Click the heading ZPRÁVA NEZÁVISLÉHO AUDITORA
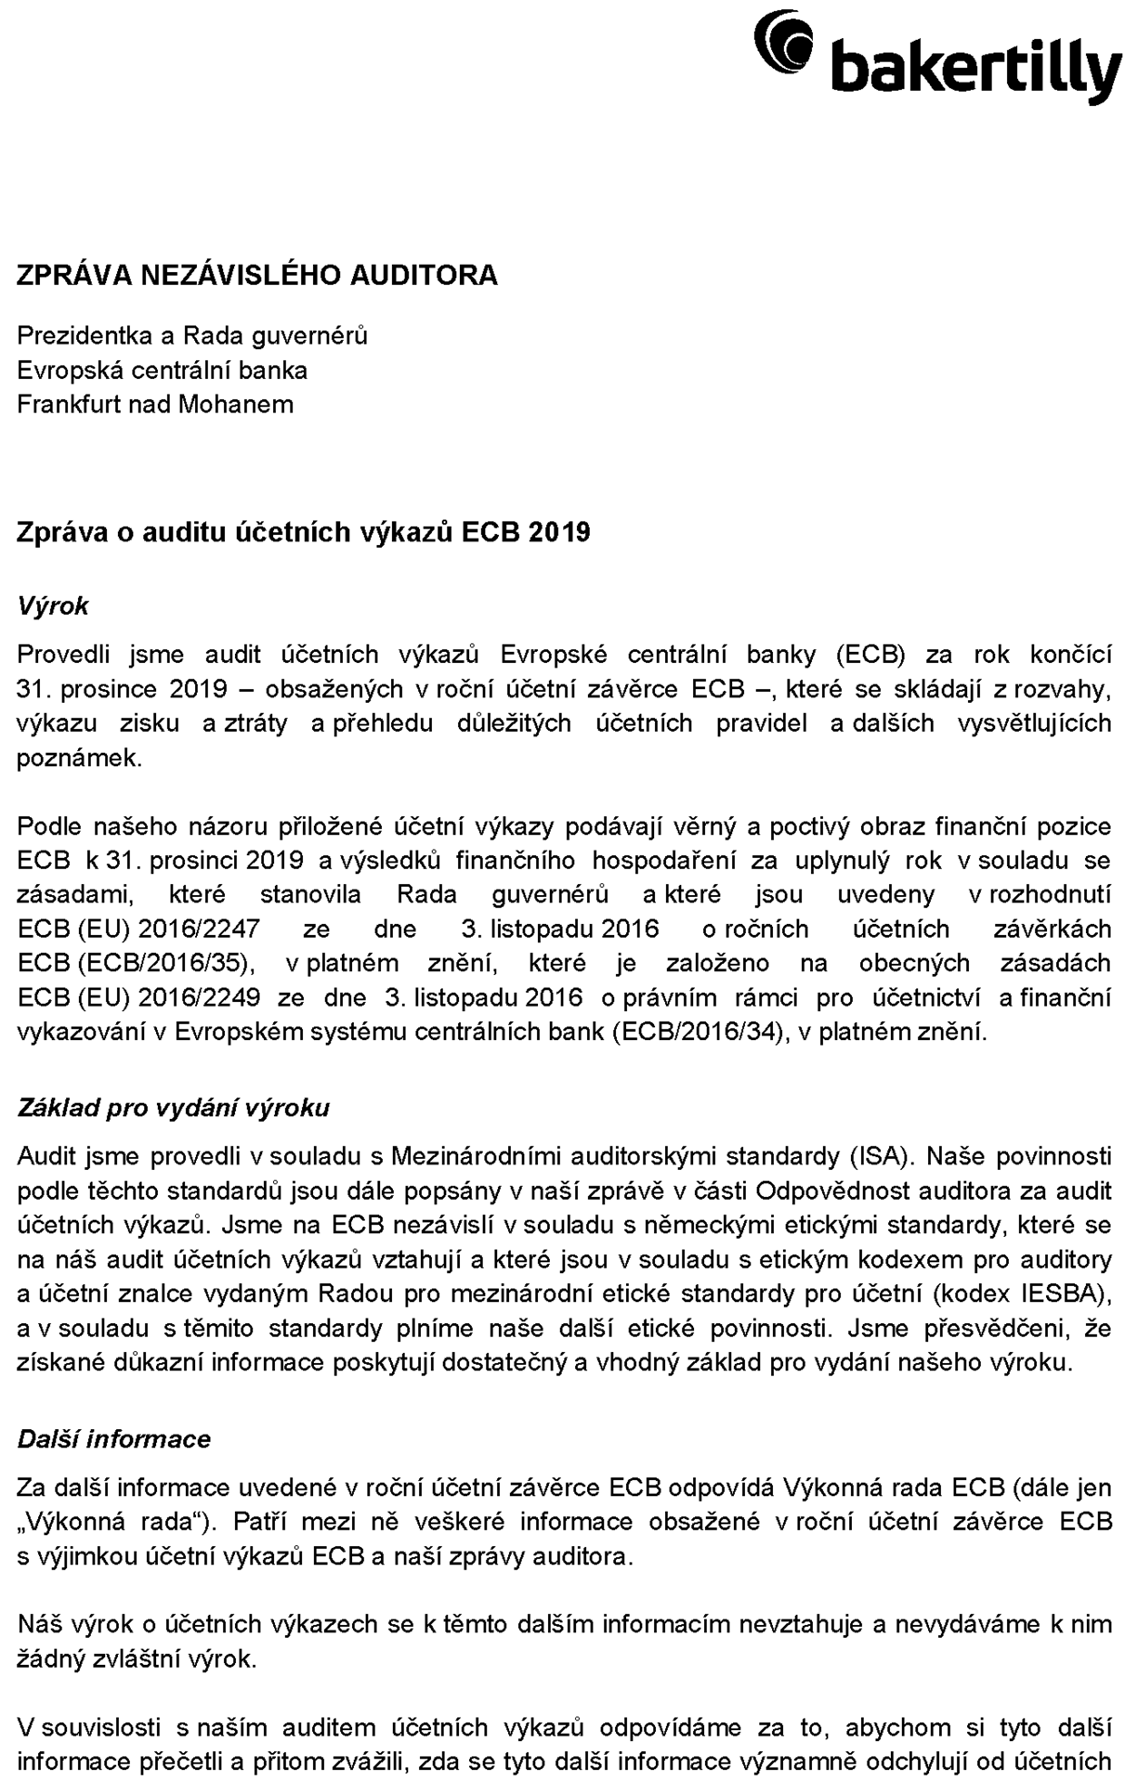click(x=257, y=275)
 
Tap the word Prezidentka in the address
click(x=85, y=336)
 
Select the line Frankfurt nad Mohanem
click(x=155, y=404)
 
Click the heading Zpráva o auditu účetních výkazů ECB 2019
click(x=303, y=531)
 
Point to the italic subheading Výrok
click(x=53, y=606)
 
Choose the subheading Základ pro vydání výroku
click(x=173, y=1107)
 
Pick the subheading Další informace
click(x=114, y=1439)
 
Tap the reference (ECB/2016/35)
click(x=136, y=963)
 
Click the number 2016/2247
click(x=199, y=929)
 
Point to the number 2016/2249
click(x=199, y=998)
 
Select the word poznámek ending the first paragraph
click(x=79, y=758)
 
